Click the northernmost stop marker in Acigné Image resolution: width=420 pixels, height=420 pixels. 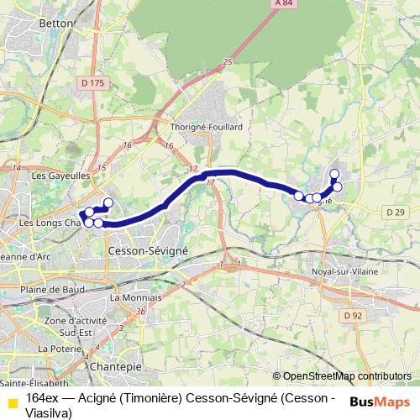334,175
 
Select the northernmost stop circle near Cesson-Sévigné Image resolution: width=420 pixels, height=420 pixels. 108,202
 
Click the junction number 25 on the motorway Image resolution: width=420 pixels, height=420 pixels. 228,62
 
